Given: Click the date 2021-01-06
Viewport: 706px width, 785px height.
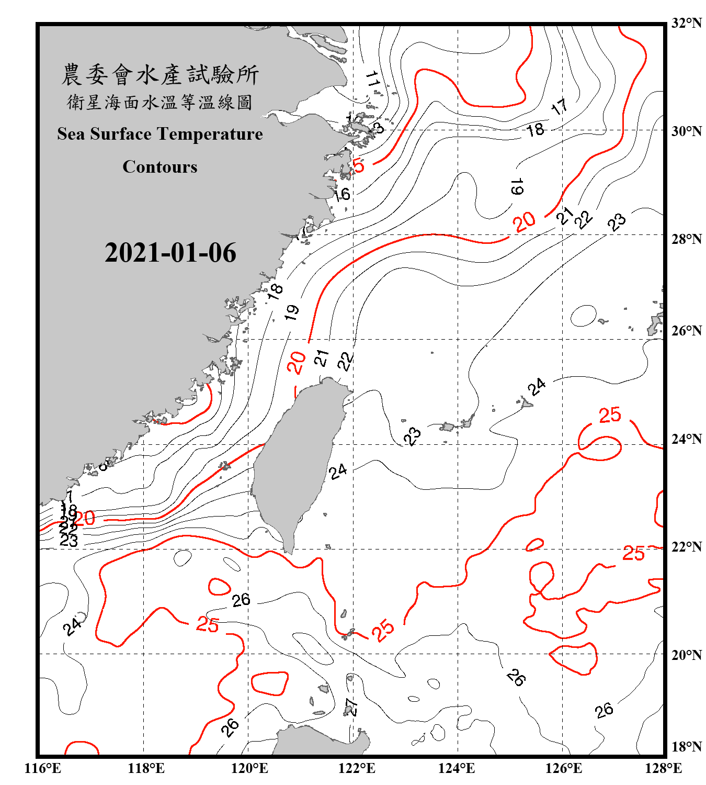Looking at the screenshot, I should click(x=170, y=253).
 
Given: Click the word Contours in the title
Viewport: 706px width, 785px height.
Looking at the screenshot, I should click(x=160, y=167).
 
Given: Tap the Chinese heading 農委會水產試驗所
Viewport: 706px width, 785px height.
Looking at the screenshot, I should click(x=160, y=74).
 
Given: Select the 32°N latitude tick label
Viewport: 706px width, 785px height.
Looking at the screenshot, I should click(x=686, y=23).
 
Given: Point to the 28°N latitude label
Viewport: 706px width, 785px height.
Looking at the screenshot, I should click(x=686, y=239).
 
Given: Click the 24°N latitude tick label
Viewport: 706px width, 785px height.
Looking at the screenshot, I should click(x=686, y=439).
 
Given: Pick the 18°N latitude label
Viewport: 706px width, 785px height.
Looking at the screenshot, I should click(x=686, y=747).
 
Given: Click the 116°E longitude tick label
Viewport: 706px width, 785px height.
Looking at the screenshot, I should click(x=43, y=768).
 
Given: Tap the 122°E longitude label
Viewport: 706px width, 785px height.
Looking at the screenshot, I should click(x=357, y=768).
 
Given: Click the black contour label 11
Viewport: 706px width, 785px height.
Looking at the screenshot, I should click(x=372, y=79).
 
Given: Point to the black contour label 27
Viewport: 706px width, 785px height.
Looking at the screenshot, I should click(x=352, y=706).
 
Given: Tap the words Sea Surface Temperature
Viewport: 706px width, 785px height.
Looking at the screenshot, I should click(x=160, y=134).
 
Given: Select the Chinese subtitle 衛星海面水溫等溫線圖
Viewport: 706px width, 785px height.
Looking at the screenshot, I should click(x=160, y=102).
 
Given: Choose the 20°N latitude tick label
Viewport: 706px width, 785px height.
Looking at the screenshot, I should click(x=686, y=655).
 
